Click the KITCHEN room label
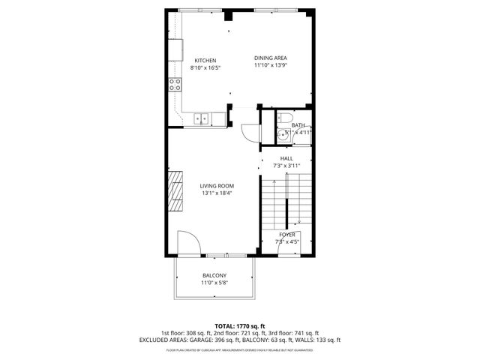click(x=205, y=61)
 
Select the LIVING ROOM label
click(x=217, y=186)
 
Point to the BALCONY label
click(x=214, y=275)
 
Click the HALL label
click(x=286, y=159)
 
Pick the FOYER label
click(x=287, y=235)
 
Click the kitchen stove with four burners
click(x=174, y=84)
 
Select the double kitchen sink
click(x=202, y=118)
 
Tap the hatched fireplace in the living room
click(x=175, y=192)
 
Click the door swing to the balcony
click(x=188, y=244)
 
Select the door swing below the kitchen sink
click(x=248, y=130)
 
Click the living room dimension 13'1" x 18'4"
click(x=217, y=193)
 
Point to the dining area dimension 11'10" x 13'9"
click(x=271, y=66)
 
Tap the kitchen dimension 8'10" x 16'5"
click(x=205, y=68)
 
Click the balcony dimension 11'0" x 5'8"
click(x=214, y=283)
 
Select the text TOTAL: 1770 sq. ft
click(x=240, y=326)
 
